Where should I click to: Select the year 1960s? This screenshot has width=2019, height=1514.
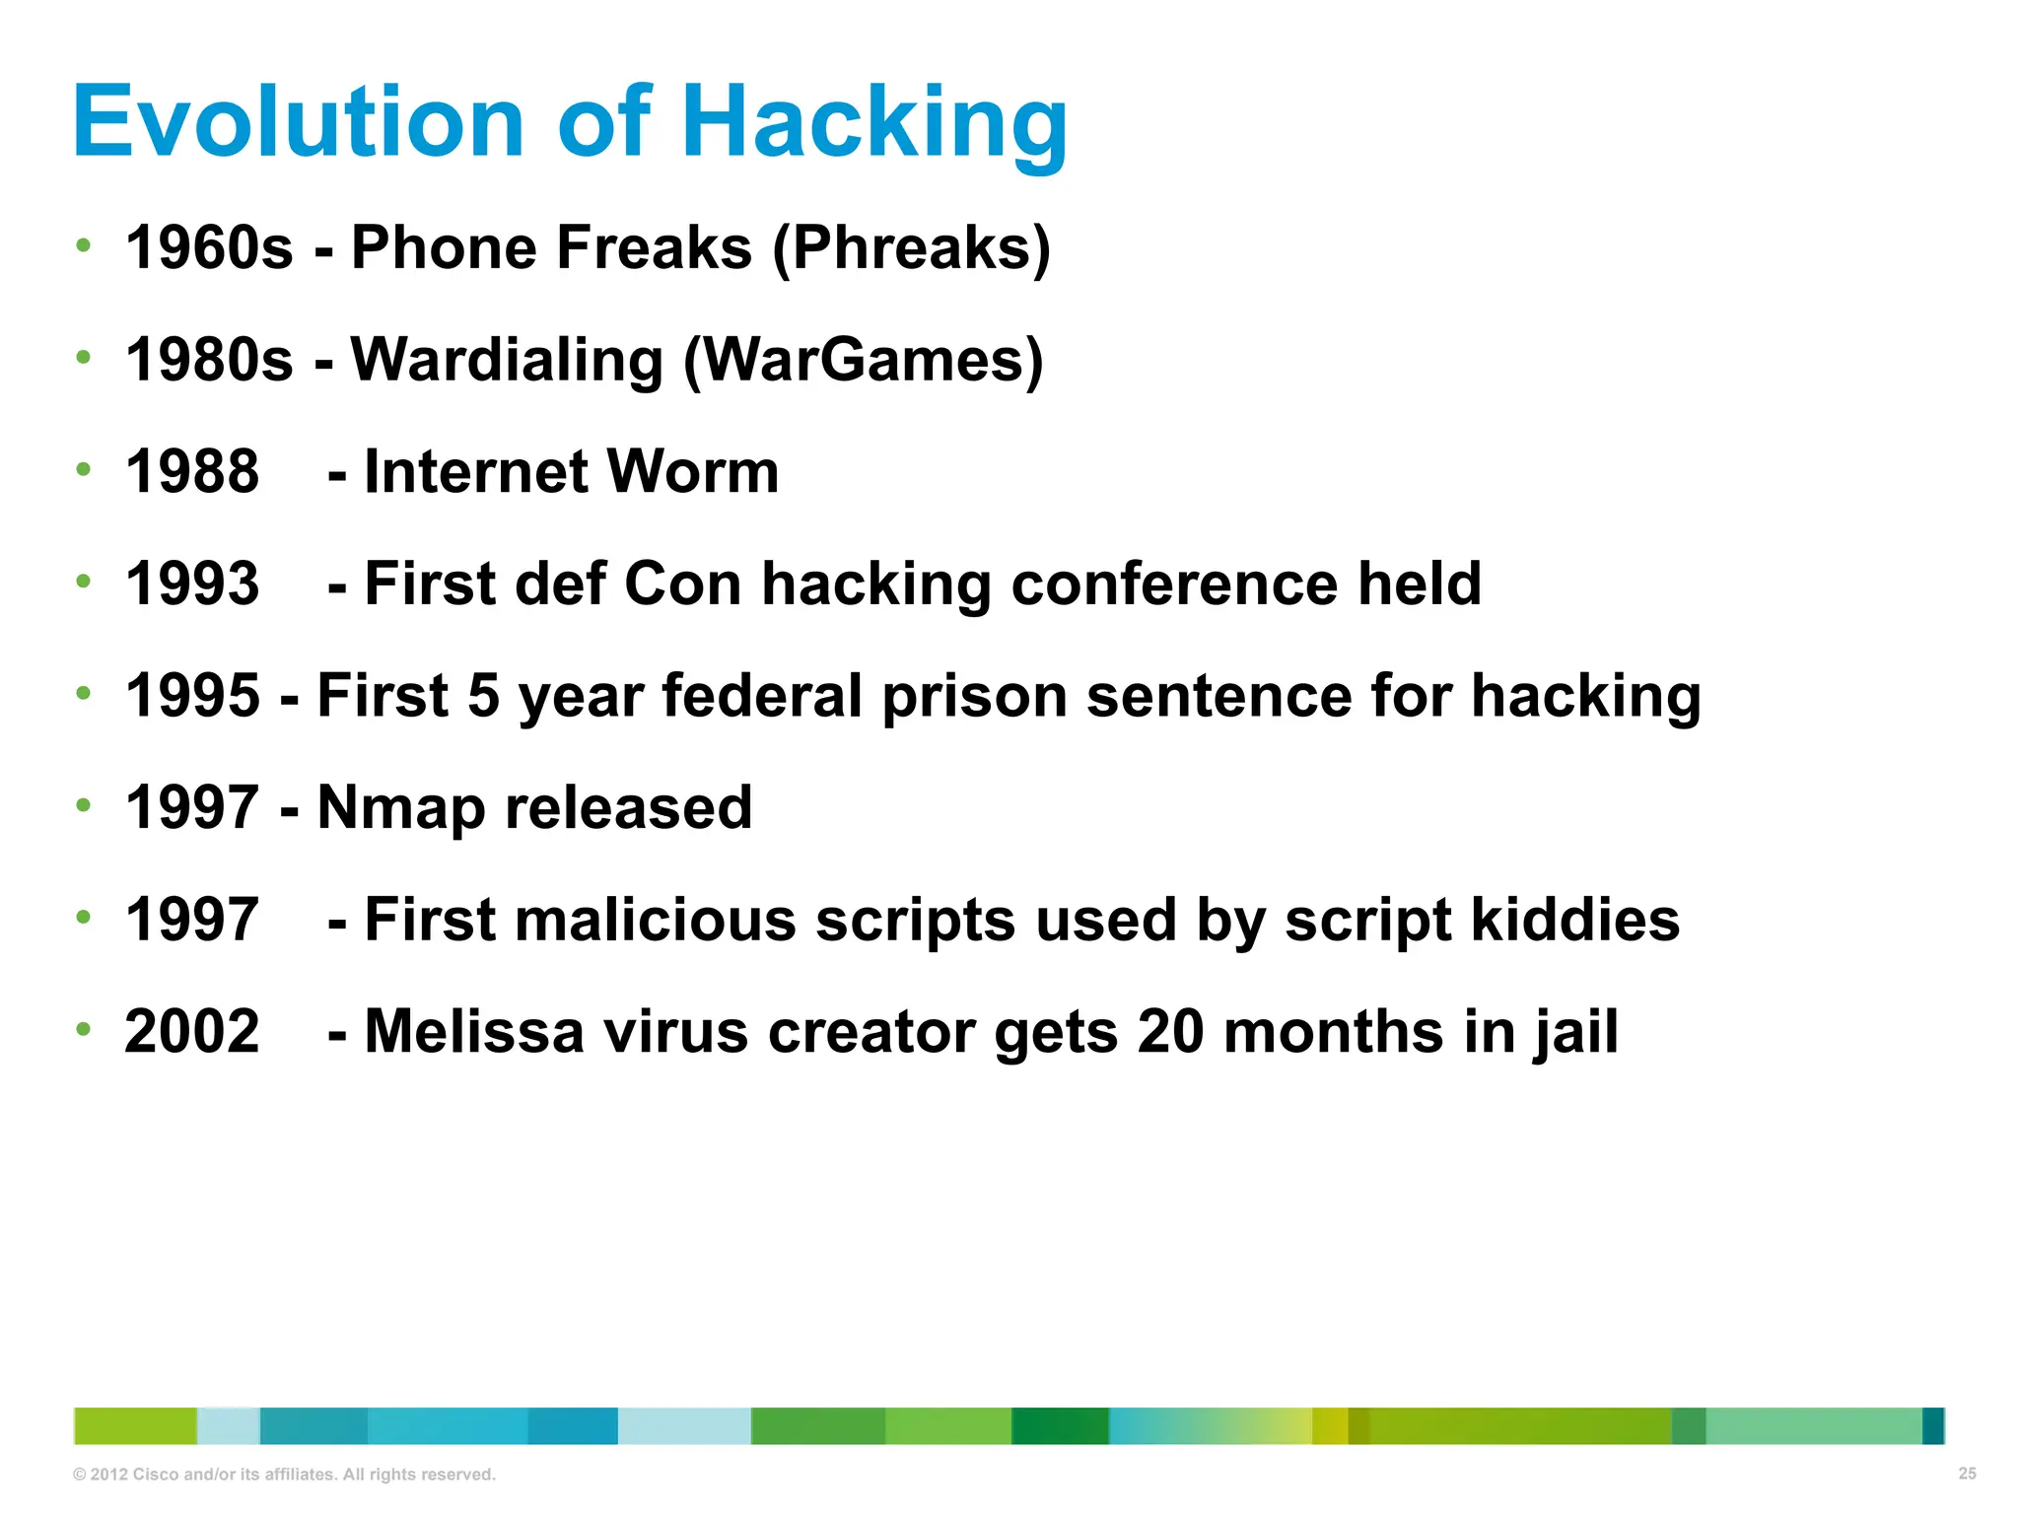coord(209,247)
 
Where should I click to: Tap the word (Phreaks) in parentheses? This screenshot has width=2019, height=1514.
coord(912,247)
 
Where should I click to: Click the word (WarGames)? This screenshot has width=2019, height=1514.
coord(863,360)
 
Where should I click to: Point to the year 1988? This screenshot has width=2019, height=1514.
coord(192,471)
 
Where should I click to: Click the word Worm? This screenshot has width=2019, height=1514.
coord(692,471)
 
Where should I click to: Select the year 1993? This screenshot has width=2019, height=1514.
coord(192,584)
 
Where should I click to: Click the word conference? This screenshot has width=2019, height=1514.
coord(1174,584)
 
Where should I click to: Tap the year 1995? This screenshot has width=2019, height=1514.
coord(192,696)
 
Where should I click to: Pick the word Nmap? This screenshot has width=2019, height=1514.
coord(401,808)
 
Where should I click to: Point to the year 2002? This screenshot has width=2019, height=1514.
coord(192,1032)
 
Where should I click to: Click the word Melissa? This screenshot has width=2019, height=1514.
coord(474,1032)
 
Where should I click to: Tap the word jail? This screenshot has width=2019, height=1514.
coord(1574,1032)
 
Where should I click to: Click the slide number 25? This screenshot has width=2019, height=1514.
coord(1967,1474)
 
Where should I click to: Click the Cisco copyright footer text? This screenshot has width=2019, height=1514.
coord(284,1475)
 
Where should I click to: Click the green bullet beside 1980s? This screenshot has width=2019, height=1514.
coord(84,357)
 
